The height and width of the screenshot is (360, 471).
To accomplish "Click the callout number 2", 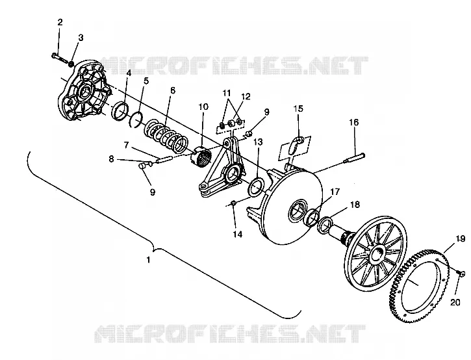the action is click(60, 22).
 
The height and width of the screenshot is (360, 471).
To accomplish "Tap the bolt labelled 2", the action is click(60, 58).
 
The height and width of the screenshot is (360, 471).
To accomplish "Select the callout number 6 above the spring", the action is click(172, 90).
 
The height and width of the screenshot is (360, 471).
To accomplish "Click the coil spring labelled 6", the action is click(166, 136).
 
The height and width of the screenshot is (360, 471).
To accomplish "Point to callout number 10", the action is click(203, 107).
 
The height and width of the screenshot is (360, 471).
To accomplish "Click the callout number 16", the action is click(354, 122).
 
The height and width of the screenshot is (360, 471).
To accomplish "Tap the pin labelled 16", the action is click(355, 158).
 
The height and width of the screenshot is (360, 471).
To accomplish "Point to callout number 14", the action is click(237, 234).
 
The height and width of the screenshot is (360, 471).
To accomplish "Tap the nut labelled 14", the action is click(233, 203).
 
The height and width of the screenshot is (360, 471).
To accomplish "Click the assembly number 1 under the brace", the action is click(147, 259).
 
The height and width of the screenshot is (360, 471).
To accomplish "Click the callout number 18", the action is click(355, 205).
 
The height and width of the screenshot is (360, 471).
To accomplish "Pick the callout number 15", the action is click(298, 108).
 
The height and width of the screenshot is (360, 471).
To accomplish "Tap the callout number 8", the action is click(111, 159).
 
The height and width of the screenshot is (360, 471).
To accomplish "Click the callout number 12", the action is click(246, 96).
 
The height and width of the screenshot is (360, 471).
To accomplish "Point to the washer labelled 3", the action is click(71, 64).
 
